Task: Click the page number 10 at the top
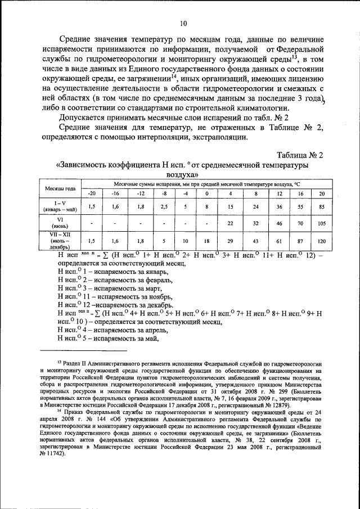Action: (x=183, y=23)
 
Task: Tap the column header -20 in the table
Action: (x=92, y=193)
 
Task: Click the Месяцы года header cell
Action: (x=61, y=188)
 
